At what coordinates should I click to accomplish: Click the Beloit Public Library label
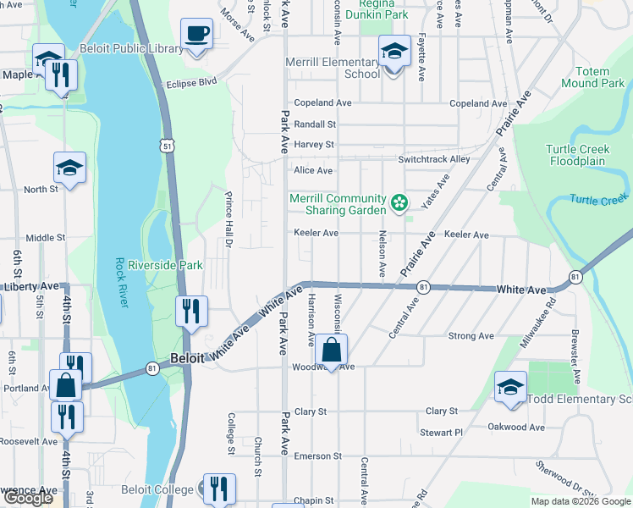click(131, 48)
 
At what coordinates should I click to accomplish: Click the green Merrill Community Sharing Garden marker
click(399, 203)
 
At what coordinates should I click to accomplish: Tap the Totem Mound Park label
click(593, 77)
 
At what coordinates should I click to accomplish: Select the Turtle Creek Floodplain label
click(579, 155)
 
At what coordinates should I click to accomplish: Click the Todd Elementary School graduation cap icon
click(510, 388)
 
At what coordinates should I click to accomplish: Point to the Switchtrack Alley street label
click(434, 159)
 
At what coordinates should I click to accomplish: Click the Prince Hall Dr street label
click(228, 219)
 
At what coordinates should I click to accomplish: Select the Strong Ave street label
click(471, 336)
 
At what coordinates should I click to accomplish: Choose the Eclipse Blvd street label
click(192, 83)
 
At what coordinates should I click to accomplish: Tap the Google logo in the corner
click(27, 498)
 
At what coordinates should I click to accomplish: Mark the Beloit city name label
click(187, 358)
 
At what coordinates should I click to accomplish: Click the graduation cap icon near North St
click(69, 168)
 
